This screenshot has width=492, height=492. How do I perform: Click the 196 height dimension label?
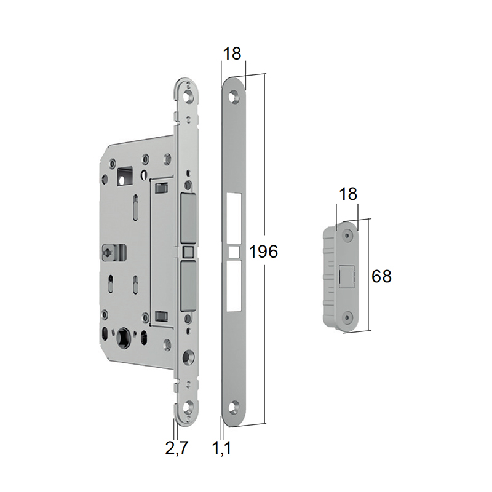263,252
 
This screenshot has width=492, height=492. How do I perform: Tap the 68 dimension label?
381,276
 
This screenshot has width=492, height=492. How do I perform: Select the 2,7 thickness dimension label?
177,448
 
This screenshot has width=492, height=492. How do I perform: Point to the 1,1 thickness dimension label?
222,448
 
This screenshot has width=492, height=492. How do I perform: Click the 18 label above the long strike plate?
232,54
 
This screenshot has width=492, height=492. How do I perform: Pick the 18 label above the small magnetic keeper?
348,194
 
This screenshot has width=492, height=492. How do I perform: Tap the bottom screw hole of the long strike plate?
233,407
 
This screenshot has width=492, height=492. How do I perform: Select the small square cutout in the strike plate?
234,252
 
